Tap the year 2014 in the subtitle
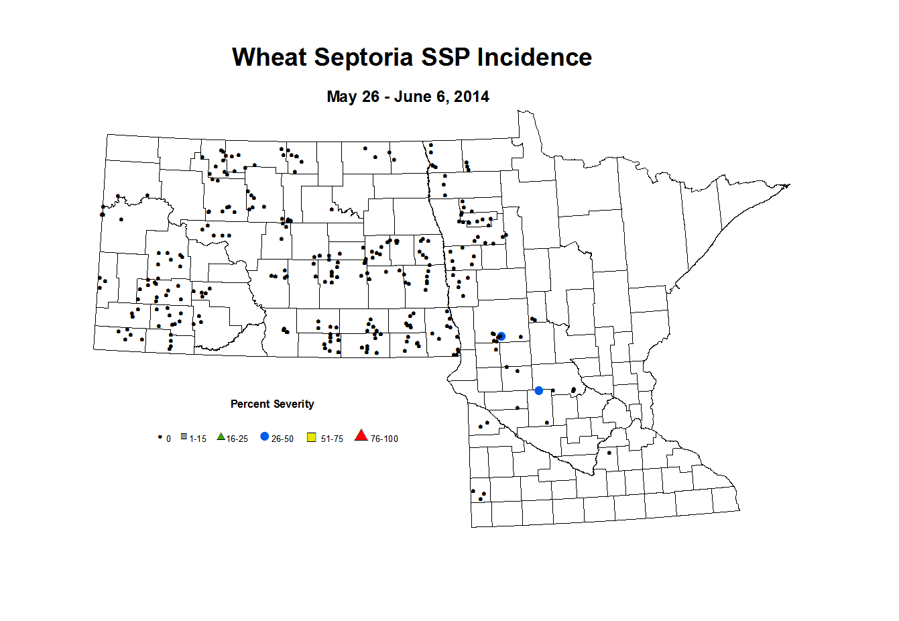[471, 97]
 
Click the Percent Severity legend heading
[272, 404]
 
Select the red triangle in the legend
[361, 436]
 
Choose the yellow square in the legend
[311, 438]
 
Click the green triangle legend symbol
[221, 437]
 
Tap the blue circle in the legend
[265, 437]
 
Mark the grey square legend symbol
[184, 437]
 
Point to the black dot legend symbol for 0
[160, 437]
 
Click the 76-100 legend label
[384, 439]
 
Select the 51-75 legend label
[332, 439]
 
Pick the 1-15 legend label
[198, 439]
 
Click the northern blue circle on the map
[501, 336]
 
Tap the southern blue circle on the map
[539, 390]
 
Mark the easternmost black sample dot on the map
[609, 453]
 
